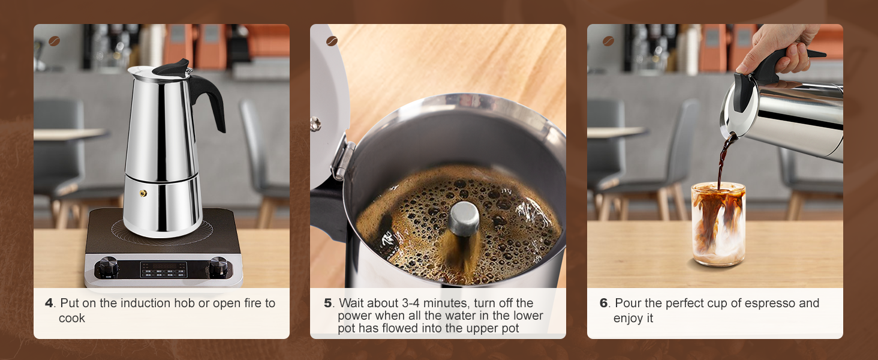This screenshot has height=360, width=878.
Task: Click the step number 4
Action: coord(49,303)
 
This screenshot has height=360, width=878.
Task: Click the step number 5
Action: coord(327,303)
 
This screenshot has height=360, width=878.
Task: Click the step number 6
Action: coord(604,303)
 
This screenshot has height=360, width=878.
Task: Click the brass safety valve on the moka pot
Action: coord(143,193)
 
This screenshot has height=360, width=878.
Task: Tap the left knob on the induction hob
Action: coord(109,266)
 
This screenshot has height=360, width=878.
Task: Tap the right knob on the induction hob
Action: coord(218,266)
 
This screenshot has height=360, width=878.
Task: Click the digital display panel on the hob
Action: coord(163,269)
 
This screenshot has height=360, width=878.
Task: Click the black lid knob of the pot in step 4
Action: coord(171,67)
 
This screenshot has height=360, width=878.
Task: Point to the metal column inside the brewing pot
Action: coord(464,218)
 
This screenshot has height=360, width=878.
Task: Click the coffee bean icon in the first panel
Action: coord(55,41)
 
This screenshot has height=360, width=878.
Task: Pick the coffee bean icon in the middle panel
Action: coord(332,41)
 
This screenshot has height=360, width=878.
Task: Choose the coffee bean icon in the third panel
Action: coord(608,41)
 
